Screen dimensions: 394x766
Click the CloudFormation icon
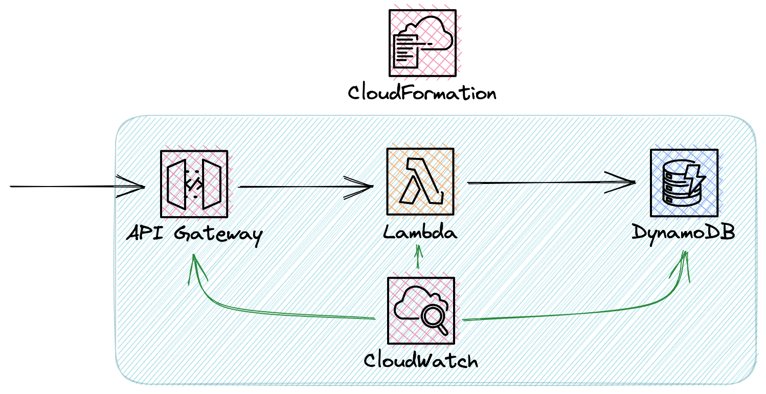coord(422,43)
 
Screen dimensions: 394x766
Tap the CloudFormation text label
coord(422,94)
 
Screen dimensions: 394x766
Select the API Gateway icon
coord(194,184)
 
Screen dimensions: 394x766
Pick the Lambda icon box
coord(420,181)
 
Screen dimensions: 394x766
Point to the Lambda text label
coord(420,233)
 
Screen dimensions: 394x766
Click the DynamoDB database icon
coord(684,182)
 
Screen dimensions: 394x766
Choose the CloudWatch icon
coord(421,311)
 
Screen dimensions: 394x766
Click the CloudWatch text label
coord(421,361)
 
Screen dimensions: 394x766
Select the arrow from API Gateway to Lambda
coord(306,187)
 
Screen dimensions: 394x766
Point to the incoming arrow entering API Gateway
coord(77,187)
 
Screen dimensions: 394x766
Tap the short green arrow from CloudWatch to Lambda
coord(419,258)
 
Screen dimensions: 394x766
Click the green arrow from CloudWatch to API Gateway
coord(266,311)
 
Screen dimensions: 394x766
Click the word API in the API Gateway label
coord(146,234)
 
